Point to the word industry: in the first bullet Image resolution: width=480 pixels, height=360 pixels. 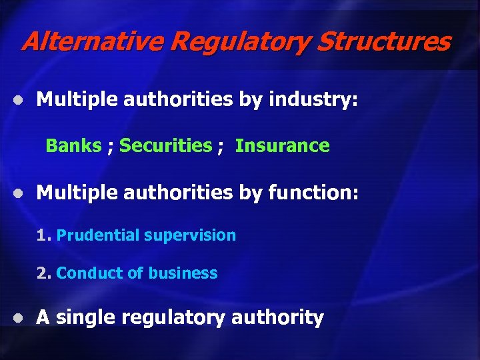(313, 100)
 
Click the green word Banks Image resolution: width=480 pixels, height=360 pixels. (73, 145)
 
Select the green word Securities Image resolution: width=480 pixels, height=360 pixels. (165, 145)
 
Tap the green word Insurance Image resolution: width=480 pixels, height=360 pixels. (282, 145)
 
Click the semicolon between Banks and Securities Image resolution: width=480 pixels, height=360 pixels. (110, 147)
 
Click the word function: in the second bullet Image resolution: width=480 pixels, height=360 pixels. (313, 193)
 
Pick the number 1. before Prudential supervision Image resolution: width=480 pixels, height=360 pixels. (44, 235)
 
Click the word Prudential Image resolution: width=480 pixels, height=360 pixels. (97, 235)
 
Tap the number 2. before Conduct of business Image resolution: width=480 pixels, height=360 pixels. (44, 273)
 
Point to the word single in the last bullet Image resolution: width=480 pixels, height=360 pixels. (83, 318)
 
